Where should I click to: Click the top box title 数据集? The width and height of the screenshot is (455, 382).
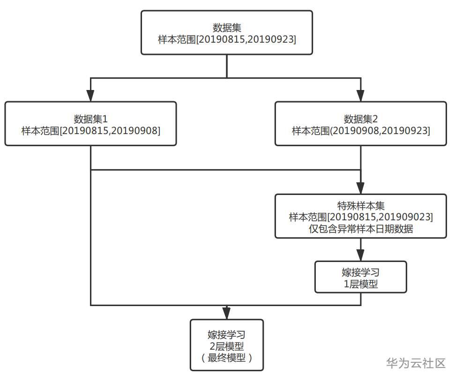coord(227,28)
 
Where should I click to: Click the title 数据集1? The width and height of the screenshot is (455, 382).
coord(91,119)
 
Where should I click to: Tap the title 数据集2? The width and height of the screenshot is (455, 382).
coord(361,119)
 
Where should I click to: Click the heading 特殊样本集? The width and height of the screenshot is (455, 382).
coord(361,206)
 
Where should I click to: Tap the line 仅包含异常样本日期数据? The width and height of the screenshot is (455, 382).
coord(361,229)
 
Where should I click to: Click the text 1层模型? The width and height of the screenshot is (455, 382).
coord(361,284)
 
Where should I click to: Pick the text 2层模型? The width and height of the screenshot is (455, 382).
coord(227,346)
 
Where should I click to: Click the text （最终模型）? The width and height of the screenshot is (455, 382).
coord(227,358)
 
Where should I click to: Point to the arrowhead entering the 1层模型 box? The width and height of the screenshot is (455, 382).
coord(361,256)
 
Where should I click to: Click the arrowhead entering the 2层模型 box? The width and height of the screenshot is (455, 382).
coord(227,314)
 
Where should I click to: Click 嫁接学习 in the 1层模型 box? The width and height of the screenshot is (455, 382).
coord(361,272)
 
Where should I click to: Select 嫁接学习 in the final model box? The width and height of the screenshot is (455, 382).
coord(227,335)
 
